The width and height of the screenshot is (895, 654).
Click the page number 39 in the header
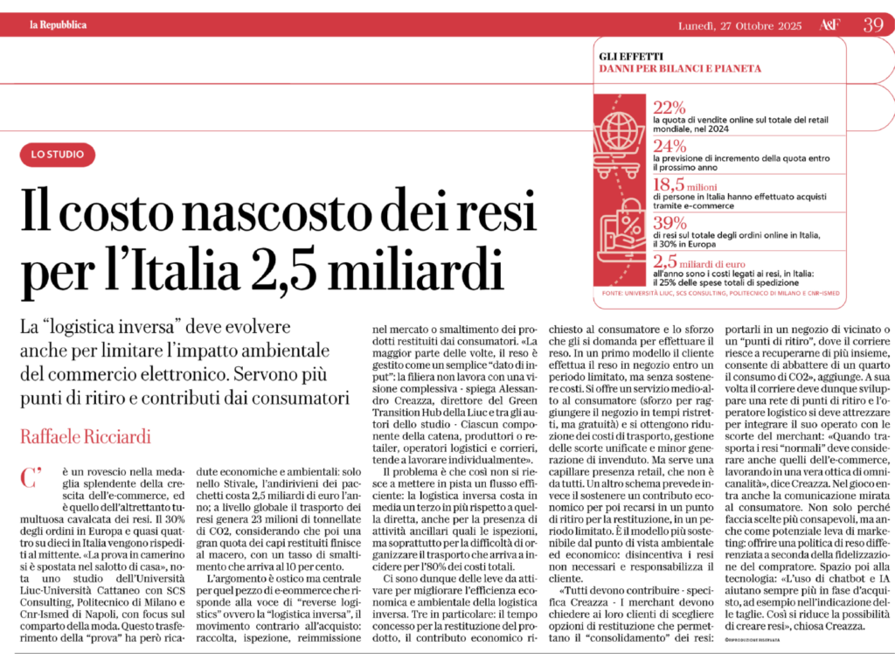coord(872,24)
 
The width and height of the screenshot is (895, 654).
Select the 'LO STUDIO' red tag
coord(57,156)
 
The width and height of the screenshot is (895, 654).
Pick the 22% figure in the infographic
coord(670,108)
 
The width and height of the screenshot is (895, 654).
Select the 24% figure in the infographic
coord(670,145)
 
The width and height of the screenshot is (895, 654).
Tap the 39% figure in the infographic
coord(670,221)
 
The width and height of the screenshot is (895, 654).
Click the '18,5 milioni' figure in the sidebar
coord(689,184)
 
